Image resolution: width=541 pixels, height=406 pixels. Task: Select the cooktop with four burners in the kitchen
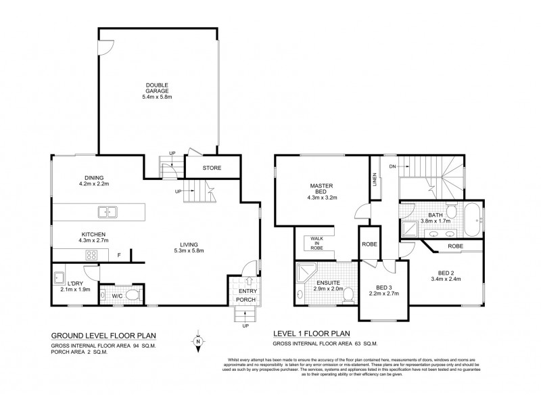(x=91, y=254)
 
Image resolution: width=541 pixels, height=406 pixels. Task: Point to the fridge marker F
(x=120, y=255)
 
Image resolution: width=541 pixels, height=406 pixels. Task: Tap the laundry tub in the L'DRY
(x=59, y=277)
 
